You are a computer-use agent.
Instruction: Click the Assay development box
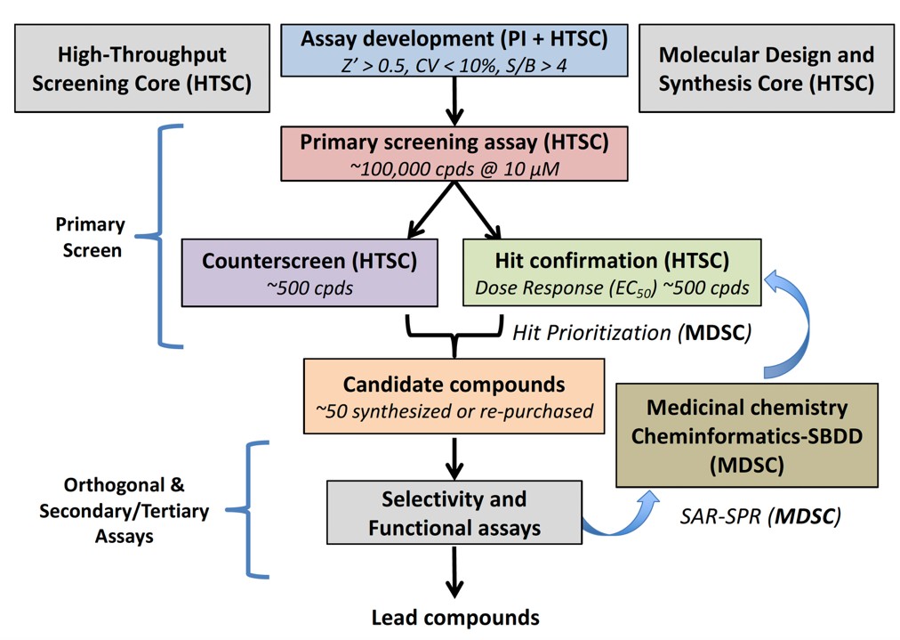[454, 52]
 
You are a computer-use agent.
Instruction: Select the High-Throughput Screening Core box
[141, 69]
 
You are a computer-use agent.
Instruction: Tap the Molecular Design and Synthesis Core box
[766, 69]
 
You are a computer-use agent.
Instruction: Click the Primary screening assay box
[454, 153]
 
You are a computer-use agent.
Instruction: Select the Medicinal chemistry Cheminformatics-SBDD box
[746, 435]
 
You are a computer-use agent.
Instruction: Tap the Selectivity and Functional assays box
[454, 514]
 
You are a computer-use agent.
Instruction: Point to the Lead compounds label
[454, 617]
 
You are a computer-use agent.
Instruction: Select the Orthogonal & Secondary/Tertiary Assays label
[124, 511]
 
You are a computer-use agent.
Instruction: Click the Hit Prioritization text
[631, 333]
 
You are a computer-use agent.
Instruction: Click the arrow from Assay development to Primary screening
[454, 100]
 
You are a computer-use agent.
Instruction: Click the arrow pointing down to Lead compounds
[454, 574]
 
